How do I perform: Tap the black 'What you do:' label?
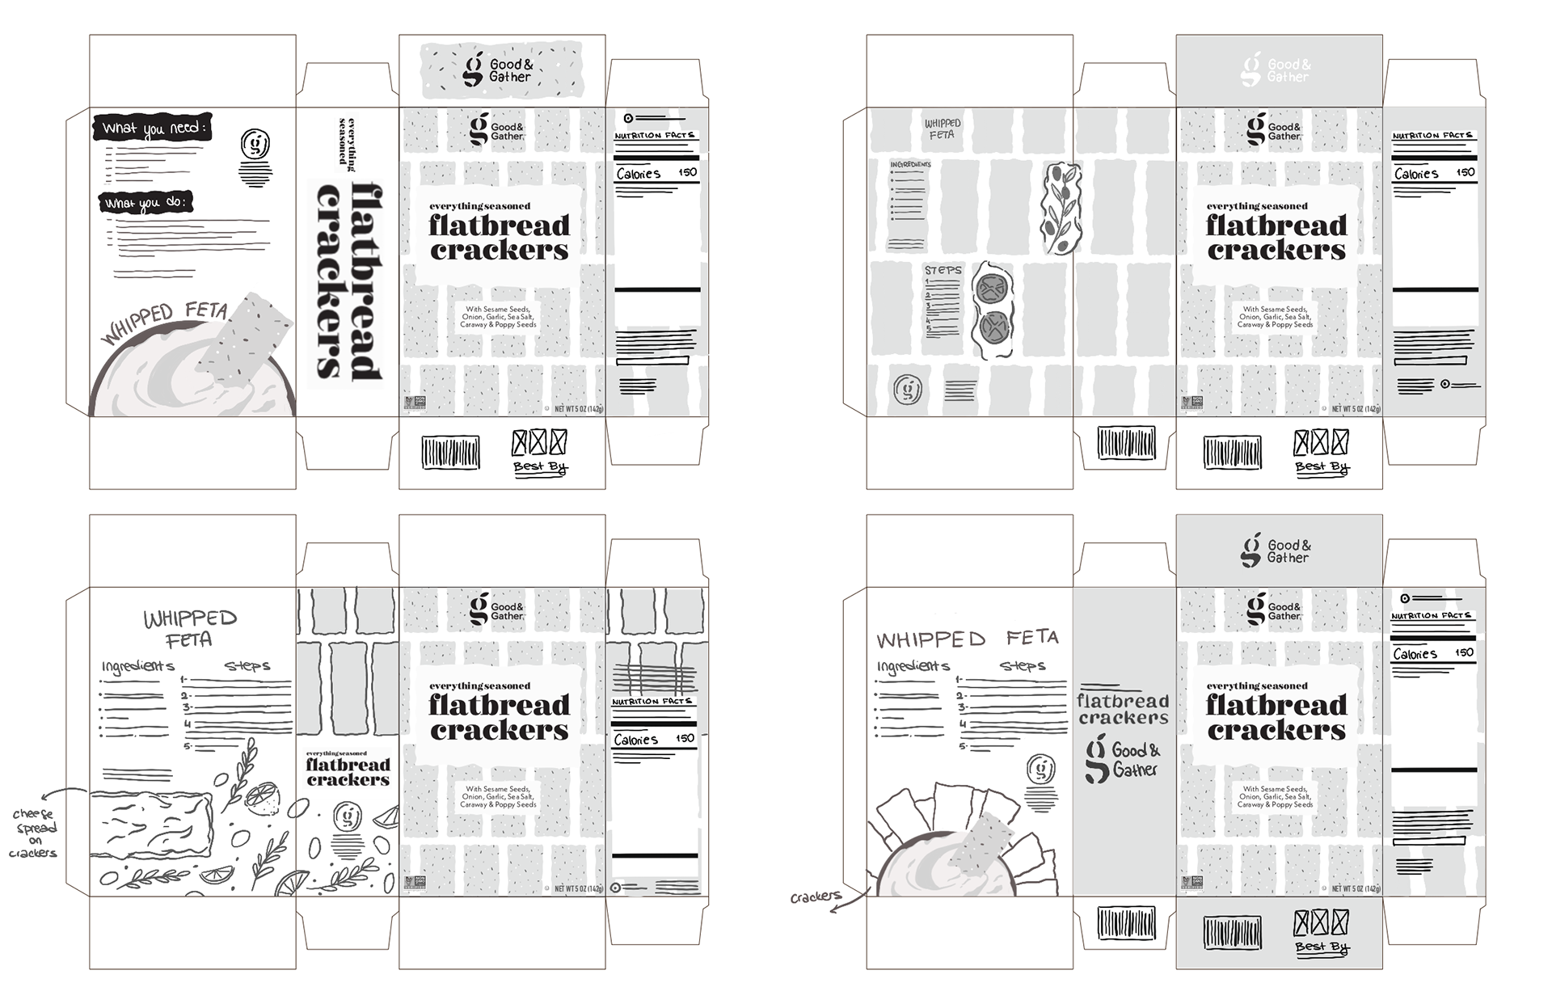145,202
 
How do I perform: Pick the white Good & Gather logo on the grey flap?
1277,70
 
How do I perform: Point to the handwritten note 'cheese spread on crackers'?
35,833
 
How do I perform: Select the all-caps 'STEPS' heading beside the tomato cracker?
943,270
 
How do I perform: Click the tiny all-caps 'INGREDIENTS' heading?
910,164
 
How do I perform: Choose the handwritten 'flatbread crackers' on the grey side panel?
1123,709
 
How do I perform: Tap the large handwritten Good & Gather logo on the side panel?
1123,761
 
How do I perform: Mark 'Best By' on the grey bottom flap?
1322,947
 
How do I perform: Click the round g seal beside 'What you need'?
255,144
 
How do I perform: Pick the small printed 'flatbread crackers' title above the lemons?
348,771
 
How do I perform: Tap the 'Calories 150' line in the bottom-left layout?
653,739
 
